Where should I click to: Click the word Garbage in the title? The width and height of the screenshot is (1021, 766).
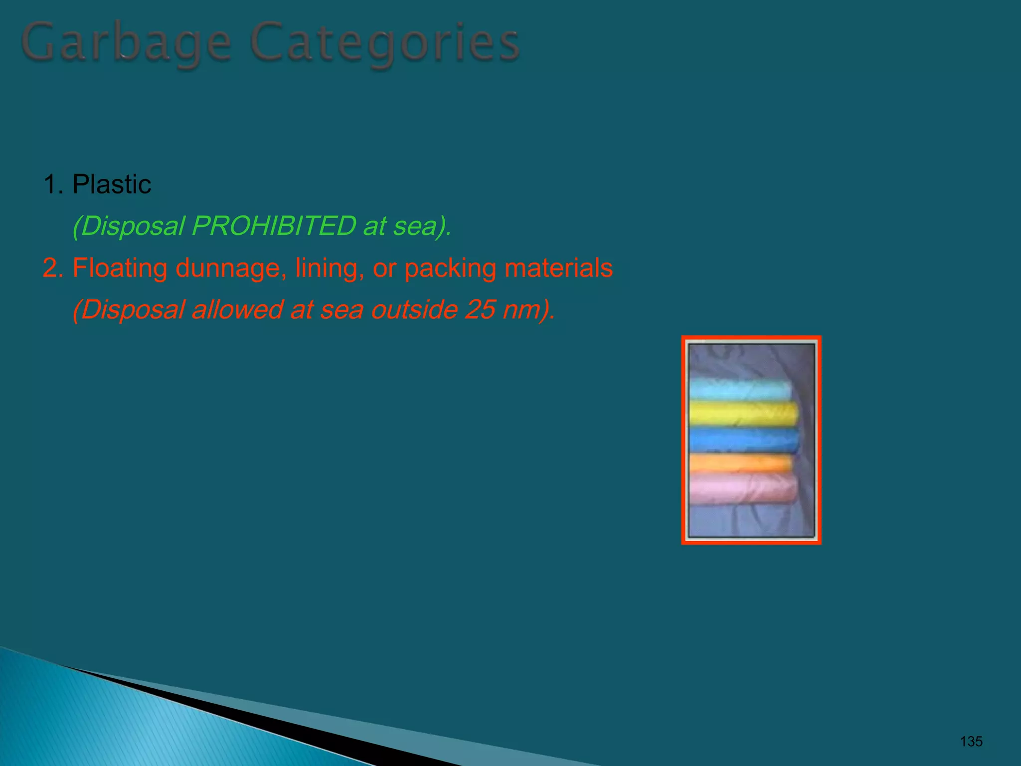[x=127, y=44]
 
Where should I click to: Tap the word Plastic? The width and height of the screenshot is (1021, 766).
[x=112, y=185]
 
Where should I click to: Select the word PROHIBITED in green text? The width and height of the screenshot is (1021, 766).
[x=274, y=226]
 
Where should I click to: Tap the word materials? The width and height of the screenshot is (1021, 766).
[x=558, y=268]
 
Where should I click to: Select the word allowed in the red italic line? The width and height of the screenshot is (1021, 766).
[x=237, y=309]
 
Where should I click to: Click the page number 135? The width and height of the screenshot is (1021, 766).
[x=971, y=742]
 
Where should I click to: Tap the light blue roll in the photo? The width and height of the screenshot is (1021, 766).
[x=740, y=389]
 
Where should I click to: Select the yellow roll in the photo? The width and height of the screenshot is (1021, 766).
[x=743, y=414]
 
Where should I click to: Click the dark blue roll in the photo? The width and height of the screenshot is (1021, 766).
[x=743, y=440]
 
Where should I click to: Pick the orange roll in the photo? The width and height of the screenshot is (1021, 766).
[x=740, y=463]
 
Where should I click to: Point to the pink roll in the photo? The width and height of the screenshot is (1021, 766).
[x=743, y=489]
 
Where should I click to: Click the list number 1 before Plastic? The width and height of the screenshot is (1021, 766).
[x=50, y=185]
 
